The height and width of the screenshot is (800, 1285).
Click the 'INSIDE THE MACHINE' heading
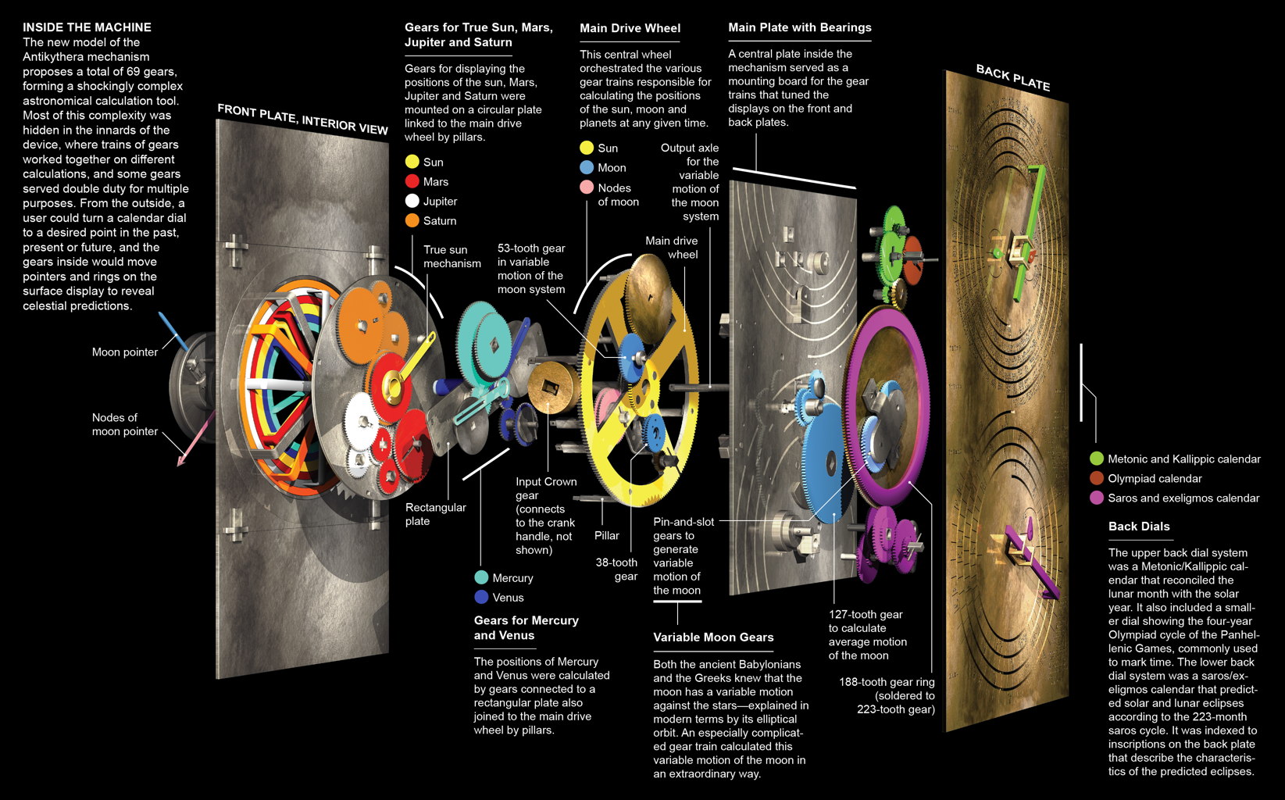coord(87,27)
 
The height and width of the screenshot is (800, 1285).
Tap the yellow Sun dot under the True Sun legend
coord(412,162)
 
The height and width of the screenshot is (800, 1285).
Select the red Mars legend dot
coord(412,181)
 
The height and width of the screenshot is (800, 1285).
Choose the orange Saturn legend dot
coord(412,220)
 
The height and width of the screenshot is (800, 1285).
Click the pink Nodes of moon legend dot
coord(587,187)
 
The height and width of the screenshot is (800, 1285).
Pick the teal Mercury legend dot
coord(481,577)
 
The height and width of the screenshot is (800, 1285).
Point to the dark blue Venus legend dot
coord(481,597)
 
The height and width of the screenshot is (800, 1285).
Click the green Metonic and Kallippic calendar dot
coord(1096,459)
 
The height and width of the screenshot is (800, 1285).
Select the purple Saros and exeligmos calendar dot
coord(1096,498)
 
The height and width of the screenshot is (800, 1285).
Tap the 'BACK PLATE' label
coord(1012,78)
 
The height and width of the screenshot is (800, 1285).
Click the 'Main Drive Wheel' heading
coord(630,28)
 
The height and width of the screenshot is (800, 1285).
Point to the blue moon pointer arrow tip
coord(162,316)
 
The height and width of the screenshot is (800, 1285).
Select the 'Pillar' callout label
coord(606,536)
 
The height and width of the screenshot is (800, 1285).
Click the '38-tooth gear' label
coord(616,570)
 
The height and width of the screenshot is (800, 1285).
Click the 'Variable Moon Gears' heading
coord(713,637)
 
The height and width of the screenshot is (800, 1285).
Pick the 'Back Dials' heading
coord(1138,527)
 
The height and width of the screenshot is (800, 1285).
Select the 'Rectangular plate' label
coord(435,514)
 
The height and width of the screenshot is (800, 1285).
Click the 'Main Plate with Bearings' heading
coord(799,27)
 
